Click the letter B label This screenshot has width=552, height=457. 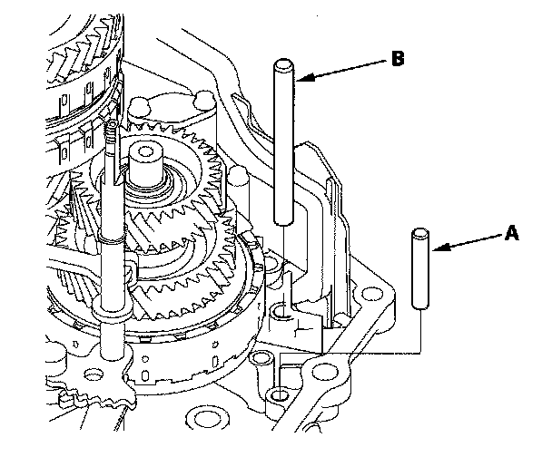(398, 58)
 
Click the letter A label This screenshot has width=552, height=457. (511, 233)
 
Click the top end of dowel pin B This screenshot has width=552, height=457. (284, 64)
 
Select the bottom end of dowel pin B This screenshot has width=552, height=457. (284, 221)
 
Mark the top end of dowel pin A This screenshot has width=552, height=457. (420, 233)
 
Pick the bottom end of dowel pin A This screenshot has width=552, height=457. (420, 306)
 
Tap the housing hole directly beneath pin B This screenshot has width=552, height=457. (282, 311)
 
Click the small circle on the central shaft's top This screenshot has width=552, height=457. (144, 151)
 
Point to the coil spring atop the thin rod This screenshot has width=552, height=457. (112, 131)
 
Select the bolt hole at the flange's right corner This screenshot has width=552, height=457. (371, 294)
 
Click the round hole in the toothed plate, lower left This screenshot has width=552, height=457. (94, 374)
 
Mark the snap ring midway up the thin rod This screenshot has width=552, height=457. (112, 238)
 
